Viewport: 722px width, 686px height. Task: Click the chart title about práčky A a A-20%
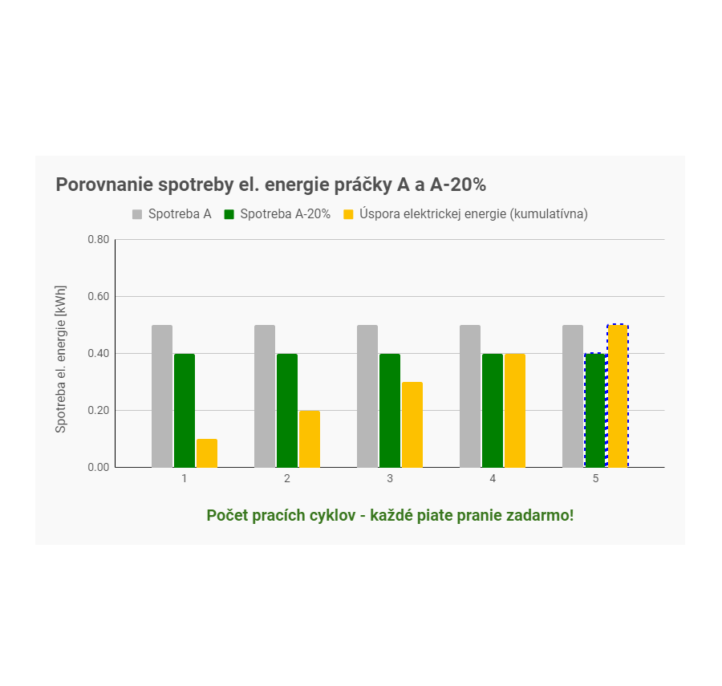pyautogui.click(x=270, y=185)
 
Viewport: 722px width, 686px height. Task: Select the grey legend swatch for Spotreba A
pyautogui.click(x=137, y=214)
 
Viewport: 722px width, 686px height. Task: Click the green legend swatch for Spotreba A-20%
pyautogui.click(x=229, y=214)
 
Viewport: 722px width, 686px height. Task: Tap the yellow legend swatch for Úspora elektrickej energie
pyautogui.click(x=348, y=214)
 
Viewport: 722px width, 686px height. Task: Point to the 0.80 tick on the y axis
pyautogui.click(x=98, y=239)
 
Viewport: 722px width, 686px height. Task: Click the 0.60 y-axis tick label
pyautogui.click(x=98, y=296)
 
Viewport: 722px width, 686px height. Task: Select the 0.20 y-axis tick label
pyautogui.click(x=98, y=410)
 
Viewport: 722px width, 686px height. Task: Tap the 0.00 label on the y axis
pyautogui.click(x=98, y=467)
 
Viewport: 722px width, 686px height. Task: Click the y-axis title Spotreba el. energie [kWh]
pyautogui.click(x=61, y=359)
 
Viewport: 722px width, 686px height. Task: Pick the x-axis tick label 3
pyautogui.click(x=390, y=478)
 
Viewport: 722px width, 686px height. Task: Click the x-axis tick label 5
pyautogui.click(x=595, y=478)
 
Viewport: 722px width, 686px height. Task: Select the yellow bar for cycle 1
pyautogui.click(x=206, y=453)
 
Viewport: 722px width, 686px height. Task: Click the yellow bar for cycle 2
pyautogui.click(x=309, y=439)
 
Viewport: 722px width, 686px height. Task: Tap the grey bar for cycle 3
pyautogui.click(x=367, y=396)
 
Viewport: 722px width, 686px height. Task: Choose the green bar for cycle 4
pyautogui.click(x=493, y=410)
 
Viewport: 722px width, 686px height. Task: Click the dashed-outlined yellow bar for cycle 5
pyautogui.click(x=617, y=396)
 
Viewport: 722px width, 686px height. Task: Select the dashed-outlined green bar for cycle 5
pyautogui.click(x=594, y=410)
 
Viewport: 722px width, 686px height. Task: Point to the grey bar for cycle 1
pyautogui.click(x=162, y=396)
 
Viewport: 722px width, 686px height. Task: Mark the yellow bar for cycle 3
pyautogui.click(x=412, y=424)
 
